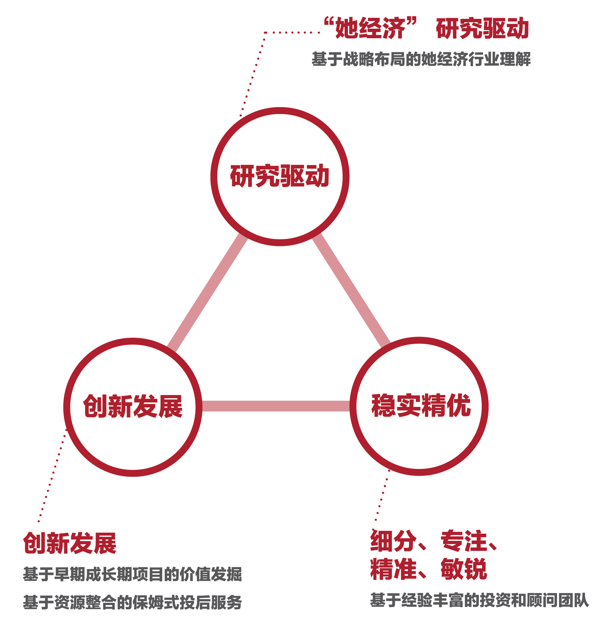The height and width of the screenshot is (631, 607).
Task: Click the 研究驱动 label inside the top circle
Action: pos(279,176)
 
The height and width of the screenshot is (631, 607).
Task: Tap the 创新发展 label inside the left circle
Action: pos(133,406)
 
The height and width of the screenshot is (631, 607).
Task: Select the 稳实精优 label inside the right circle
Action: pos(421,406)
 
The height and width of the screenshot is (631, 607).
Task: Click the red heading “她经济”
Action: pos(370,28)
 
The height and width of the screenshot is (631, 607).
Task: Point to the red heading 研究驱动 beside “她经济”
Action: pos(482,28)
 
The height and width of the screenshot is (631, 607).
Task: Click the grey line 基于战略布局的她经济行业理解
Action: pos(421,59)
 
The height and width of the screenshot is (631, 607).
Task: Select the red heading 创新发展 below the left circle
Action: pos(69,543)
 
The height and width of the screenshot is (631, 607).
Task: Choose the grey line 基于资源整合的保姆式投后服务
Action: pos(132,602)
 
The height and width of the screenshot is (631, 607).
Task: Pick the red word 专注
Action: pos(464,541)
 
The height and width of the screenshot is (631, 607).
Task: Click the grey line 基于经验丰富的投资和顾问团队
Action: pos(479,601)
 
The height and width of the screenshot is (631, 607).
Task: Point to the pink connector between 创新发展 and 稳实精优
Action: pos(276,406)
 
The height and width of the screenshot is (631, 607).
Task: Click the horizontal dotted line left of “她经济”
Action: pos(292,33)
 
